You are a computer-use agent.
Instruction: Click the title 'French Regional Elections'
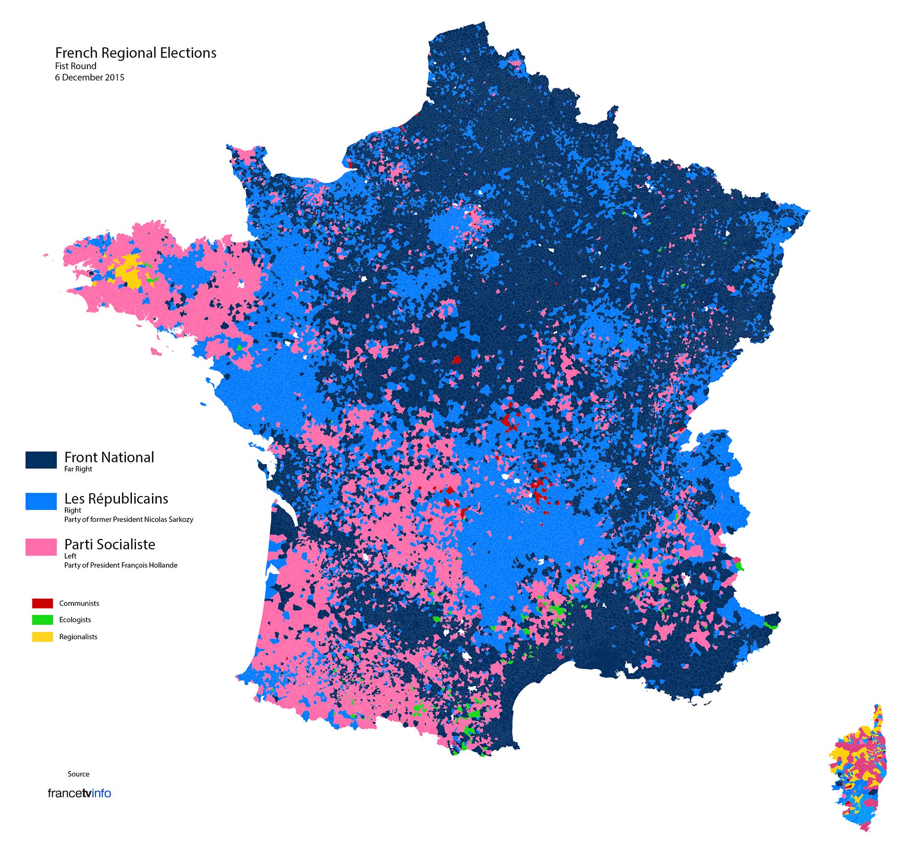pyautogui.click(x=136, y=53)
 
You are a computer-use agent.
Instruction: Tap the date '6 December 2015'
pyautogui.click(x=89, y=77)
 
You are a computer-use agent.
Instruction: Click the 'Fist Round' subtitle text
pyautogui.click(x=75, y=66)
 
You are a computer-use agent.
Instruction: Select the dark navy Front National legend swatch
pyautogui.click(x=41, y=460)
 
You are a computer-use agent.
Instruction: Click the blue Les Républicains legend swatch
pyautogui.click(x=41, y=501)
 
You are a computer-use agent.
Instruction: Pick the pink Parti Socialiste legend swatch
pyautogui.click(x=41, y=547)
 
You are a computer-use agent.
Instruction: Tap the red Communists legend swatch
pyautogui.click(x=42, y=603)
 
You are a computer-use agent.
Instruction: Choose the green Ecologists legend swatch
pyautogui.click(x=42, y=620)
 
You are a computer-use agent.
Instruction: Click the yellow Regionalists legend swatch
pyautogui.click(x=42, y=637)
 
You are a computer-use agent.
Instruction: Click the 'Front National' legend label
pyautogui.click(x=109, y=457)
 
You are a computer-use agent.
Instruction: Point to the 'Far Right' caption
pyautogui.click(x=78, y=469)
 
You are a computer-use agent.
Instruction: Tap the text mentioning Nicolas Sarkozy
pyautogui.click(x=129, y=519)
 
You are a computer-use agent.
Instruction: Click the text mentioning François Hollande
pyautogui.click(x=121, y=565)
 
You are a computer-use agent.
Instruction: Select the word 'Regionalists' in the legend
pyautogui.click(x=78, y=637)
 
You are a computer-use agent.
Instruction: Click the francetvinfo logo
pyautogui.click(x=79, y=793)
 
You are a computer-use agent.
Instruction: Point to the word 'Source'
pyautogui.click(x=78, y=774)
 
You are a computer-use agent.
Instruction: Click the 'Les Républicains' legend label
pyautogui.click(x=116, y=499)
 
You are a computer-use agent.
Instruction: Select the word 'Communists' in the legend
pyautogui.click(x=79, y=603)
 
